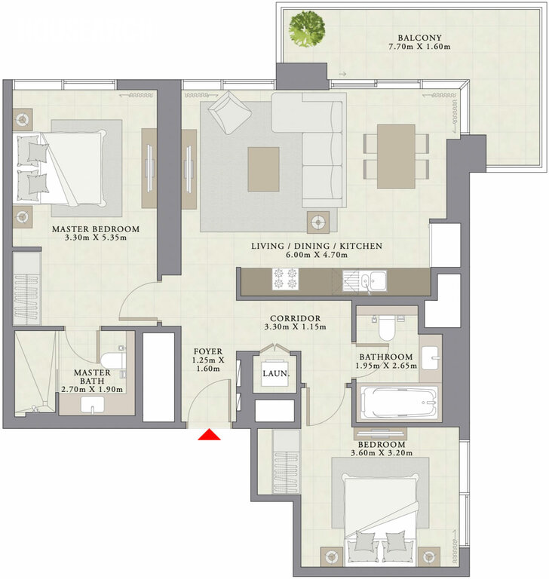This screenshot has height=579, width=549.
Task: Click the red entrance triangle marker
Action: tap(209, 434)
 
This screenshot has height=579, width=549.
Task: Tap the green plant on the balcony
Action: tap(307, 29)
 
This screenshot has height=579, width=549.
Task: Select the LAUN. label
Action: tap(275, 374)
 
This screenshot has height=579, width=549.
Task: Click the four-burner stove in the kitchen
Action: tap(285, 279)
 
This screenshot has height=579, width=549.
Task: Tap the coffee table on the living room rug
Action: tap(263, 169)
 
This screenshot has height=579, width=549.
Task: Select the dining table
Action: tap(396, 156)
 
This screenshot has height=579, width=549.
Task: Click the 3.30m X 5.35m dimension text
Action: tap(96, 237)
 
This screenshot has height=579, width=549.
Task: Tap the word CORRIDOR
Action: tap(295, 318)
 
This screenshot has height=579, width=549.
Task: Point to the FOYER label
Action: tap(208, 351)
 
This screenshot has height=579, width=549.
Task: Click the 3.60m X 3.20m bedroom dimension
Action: tap(382, 452)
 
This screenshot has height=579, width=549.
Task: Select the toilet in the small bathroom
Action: tap(386, 326)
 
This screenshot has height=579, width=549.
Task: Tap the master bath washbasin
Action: tap(92, 405)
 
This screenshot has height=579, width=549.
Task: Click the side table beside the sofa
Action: tap(318, 222)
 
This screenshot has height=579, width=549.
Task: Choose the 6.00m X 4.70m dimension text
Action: tap(317, 254)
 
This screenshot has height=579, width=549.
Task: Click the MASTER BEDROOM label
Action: tap(96, 229)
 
